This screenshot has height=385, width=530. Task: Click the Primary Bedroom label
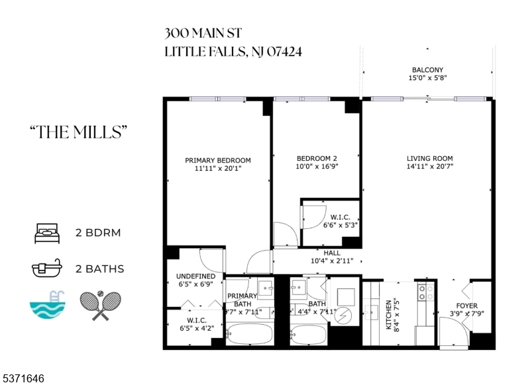(x=218, y=160)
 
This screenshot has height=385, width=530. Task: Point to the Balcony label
(x=427, y=69)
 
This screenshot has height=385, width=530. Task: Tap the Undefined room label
(x=195, y=276)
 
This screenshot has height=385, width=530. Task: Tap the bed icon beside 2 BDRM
(x=47, y=233)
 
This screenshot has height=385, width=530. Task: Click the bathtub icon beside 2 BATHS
(x=47, y=269)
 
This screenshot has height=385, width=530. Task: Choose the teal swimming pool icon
(x=47, y=305)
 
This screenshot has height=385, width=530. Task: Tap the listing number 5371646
(x=24, y=379)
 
